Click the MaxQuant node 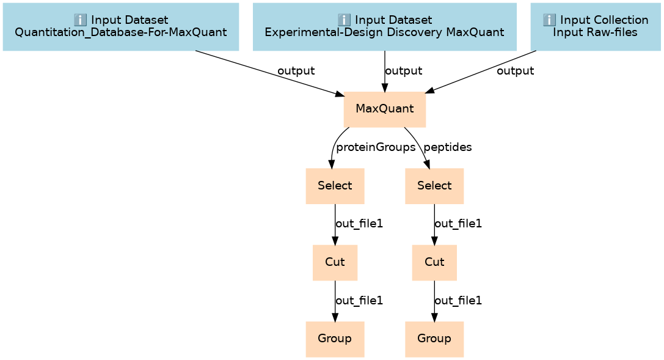pos(384,109)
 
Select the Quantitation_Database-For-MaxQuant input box pos(121,27)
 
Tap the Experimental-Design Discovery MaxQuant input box pos(384,27)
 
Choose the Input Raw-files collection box pos(596,27)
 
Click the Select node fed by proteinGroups pos(335,186)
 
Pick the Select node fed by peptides pos(434,186)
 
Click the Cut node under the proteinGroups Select pos(335,262)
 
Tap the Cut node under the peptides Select pos(434,262)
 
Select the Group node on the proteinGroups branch pos(335,339)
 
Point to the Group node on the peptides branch pos(434,339)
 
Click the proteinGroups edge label pos(376,147)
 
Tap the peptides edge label pos(448,147)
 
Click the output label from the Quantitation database pos(296,71)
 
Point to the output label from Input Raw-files pos(515,71)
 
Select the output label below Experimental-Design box pos(404,71)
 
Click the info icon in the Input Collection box pos(549,20)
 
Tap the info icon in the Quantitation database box pos(80,20)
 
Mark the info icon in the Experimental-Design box pos(344,20)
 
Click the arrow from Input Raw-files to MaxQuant pos(481,72)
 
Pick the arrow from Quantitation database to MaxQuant pos(270,74)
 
